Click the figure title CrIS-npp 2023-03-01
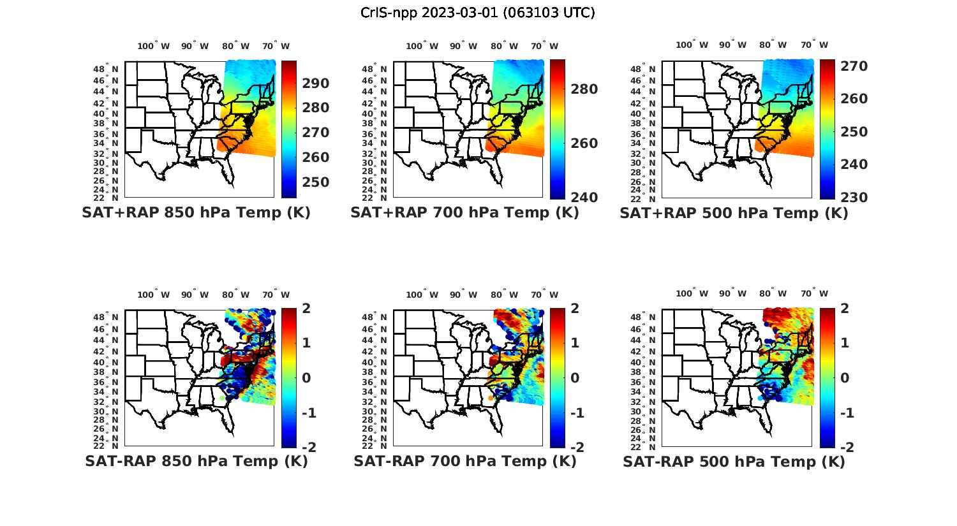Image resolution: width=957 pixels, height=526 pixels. click(478, 13)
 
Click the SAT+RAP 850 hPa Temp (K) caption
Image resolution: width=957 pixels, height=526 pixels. click(196, 213)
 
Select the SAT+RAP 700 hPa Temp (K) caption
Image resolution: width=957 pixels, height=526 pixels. click(464, 213)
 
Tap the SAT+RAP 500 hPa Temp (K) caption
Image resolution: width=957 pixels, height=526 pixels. click(734, 213)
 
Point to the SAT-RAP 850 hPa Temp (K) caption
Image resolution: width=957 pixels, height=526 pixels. click(196, 461)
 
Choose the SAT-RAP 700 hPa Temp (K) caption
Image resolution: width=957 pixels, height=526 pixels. click(464, 461)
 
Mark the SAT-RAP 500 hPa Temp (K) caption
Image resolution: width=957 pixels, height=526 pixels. click(734, 461)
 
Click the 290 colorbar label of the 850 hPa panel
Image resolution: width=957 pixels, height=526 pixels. click(316, 84)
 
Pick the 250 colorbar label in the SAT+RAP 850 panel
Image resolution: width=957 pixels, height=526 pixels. click(316, 182)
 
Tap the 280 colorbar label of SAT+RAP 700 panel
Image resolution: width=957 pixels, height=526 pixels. click(584, 89)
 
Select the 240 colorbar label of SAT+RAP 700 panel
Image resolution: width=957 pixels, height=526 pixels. click(584, 198)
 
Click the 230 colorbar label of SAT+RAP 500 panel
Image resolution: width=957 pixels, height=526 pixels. click(854, 198)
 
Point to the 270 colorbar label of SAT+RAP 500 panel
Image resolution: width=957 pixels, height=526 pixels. click(854, 66)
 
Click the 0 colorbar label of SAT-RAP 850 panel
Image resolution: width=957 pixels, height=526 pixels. click(306, 377)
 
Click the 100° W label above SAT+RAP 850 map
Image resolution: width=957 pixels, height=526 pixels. click(153, 46)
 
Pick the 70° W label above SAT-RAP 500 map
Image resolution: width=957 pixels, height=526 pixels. click(814, 294)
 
